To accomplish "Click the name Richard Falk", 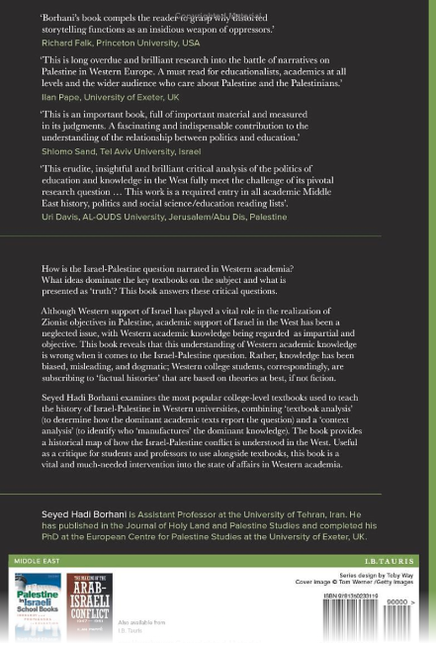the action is [66, 44].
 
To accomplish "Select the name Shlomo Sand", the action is [68, 152].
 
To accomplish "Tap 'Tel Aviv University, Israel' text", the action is [149, 152].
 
